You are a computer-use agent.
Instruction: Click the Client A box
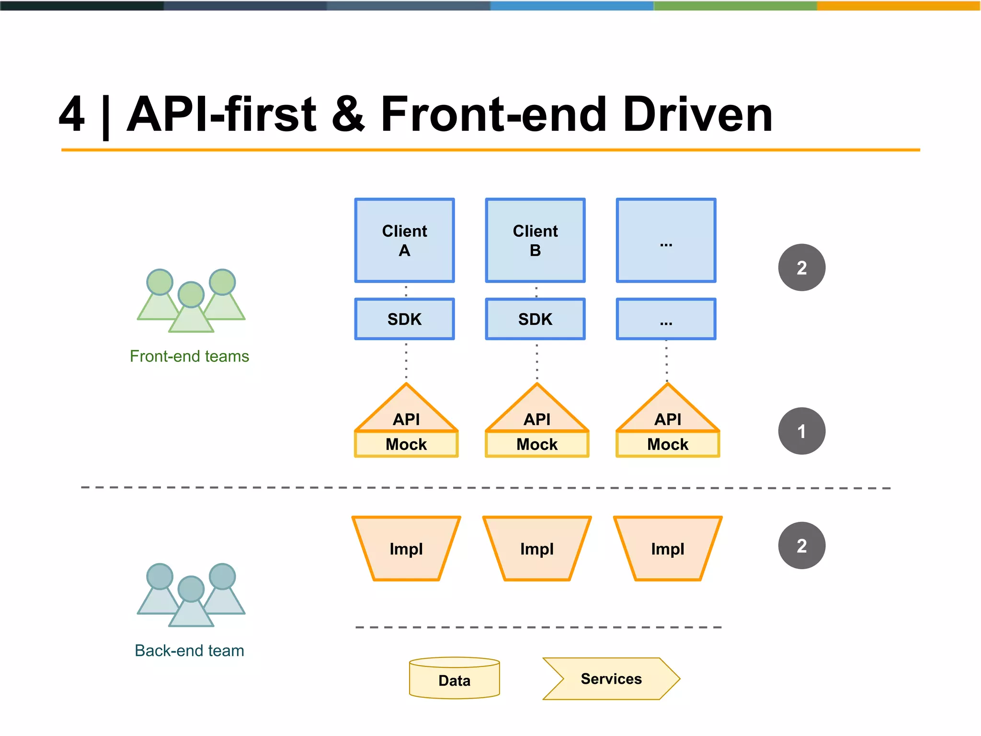(x=404, y=241)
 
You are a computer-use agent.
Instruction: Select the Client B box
(x=535, y=241)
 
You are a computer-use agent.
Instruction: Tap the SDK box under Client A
(x=404, y=319)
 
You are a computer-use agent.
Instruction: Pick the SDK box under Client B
(x=535, y=319)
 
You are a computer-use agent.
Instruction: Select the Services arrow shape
(x=611, y=679)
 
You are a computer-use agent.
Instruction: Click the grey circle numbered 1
(x=801, y=431)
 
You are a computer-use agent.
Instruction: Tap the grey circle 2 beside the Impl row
(x=801, y=546)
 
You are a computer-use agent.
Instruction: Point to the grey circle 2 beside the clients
(x=801, y=267)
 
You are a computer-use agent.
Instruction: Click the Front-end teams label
(x=189, y=356)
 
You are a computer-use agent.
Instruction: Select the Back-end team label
(x=189, y=651)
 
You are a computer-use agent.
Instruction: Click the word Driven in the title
(x=697, y=115)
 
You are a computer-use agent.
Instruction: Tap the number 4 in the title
(x=72, y=115)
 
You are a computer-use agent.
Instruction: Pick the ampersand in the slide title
(x=348, y=115)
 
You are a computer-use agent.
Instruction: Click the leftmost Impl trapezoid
(x=406, y=549)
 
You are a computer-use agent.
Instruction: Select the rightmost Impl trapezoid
(x=667, y=549)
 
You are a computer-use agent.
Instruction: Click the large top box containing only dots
(x=666, y=241)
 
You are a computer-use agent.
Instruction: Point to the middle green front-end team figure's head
(x=191, y=294)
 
